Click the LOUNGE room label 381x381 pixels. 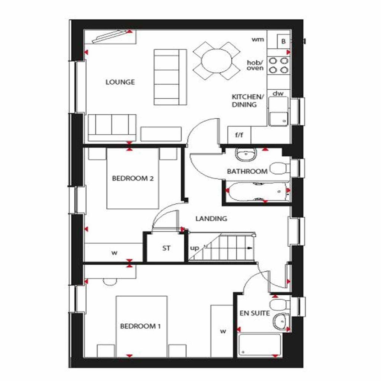(x=120, y=82)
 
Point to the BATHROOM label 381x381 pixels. (x=247, y=172)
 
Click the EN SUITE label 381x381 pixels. (x=254, y=313)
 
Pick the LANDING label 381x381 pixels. (x=211, y=219)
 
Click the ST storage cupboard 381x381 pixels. (x=166, y=248)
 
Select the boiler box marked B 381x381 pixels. (x=284, y=41)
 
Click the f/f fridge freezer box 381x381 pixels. (x=238, y=135)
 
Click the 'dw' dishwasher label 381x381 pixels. (x=278, y=94)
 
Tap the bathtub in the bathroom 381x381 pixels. (x=257, y=192)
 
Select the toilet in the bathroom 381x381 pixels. (x=279, y=168)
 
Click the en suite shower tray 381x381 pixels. (x=260, y=345)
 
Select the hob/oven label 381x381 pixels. (x=255, y=65)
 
